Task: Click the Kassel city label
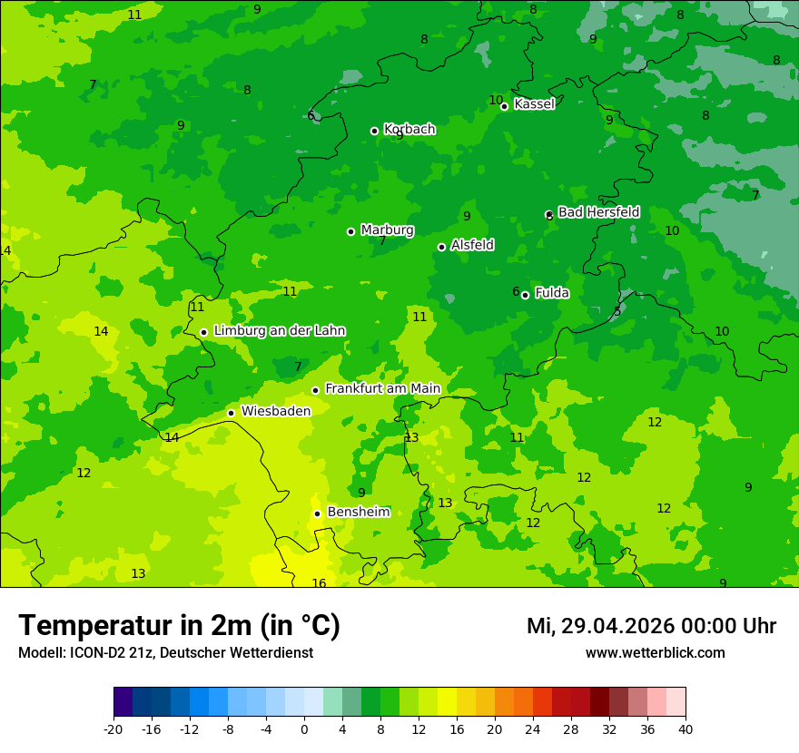tap(534, 104)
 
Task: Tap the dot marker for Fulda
tap(525, 295)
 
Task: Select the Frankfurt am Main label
tap(382, 388)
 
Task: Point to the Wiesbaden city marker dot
tap(231, 413)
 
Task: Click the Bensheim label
tap(358, 512)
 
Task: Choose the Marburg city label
tap(387, 230)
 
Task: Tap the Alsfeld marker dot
tap(441, 247)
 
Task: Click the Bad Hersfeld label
tap(598, 212)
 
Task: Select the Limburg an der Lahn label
tap(279, 331)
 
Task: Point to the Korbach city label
tap(409, 130)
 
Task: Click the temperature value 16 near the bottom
tap(319, 583)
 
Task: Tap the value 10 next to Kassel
tap(496, 100)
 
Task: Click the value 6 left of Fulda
tap(516, 292)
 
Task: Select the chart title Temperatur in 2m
tap(179, 625)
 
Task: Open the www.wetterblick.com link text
tap(655, 652)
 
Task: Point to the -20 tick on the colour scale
tap(113, 729)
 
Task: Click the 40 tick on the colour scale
tap(686, 729)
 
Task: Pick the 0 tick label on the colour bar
tap(304, 729)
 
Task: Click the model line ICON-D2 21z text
tap(165, 652)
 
